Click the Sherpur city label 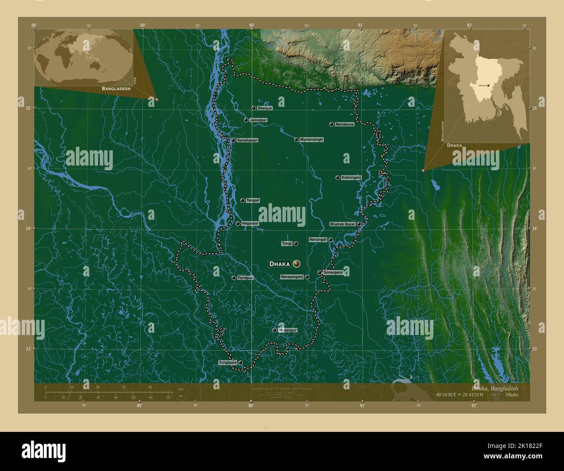click(x=265, y=108)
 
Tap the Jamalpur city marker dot click(x=246, y=120)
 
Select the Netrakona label click(x=344, y=124)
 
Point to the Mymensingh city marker click(x=296, y=139)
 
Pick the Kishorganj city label click(x=351, y=177)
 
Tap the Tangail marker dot click(x=242, y=200)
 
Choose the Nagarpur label click(x=250, y=223)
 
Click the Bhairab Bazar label click(x=342, y=224)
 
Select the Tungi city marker click(x=296, y=243)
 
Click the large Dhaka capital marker click(x=297, y=263)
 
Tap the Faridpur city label click(x=245, y=278)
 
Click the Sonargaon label click(x=333, y=272)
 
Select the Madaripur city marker click(x=274, y=330)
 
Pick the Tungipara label click(x=227, y=362)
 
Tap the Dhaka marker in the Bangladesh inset click(x=489, y=86)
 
